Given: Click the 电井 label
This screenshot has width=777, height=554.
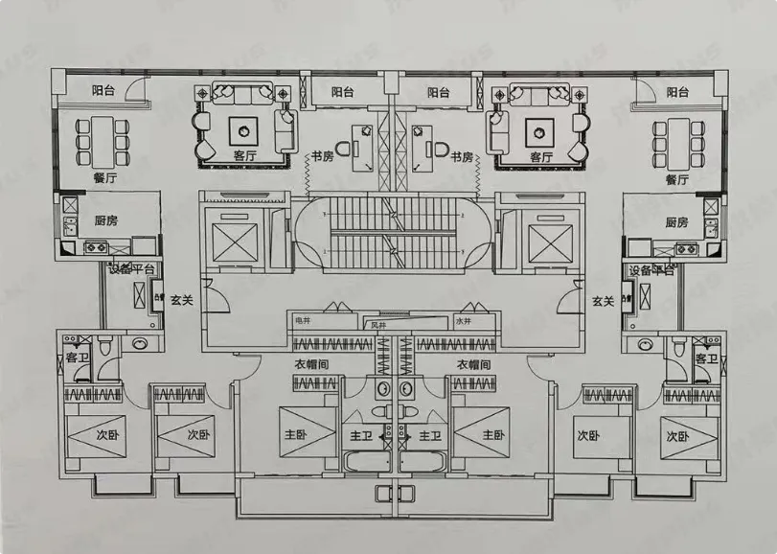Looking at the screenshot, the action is coord(304,322).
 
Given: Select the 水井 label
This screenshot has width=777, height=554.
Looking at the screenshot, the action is coord(464,322).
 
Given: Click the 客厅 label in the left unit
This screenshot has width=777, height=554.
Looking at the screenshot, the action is coord(245,155).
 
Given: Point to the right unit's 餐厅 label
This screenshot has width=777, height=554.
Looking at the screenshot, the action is coord(677,178).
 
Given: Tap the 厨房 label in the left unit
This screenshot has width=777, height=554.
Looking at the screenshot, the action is coord(105,220).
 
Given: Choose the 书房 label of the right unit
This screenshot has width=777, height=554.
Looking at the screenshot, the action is coord(462,156).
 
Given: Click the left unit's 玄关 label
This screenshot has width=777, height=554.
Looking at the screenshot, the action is coord(182,300).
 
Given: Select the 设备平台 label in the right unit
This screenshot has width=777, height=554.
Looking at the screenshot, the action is coord(651,271).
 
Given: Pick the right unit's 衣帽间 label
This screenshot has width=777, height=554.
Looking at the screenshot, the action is coord(473,364).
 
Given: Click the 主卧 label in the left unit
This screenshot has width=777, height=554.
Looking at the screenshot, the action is coord(294,434).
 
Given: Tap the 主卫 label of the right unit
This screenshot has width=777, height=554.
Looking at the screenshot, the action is coord(428,435).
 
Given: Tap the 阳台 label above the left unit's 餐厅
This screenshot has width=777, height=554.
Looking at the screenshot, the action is coord(103,91).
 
